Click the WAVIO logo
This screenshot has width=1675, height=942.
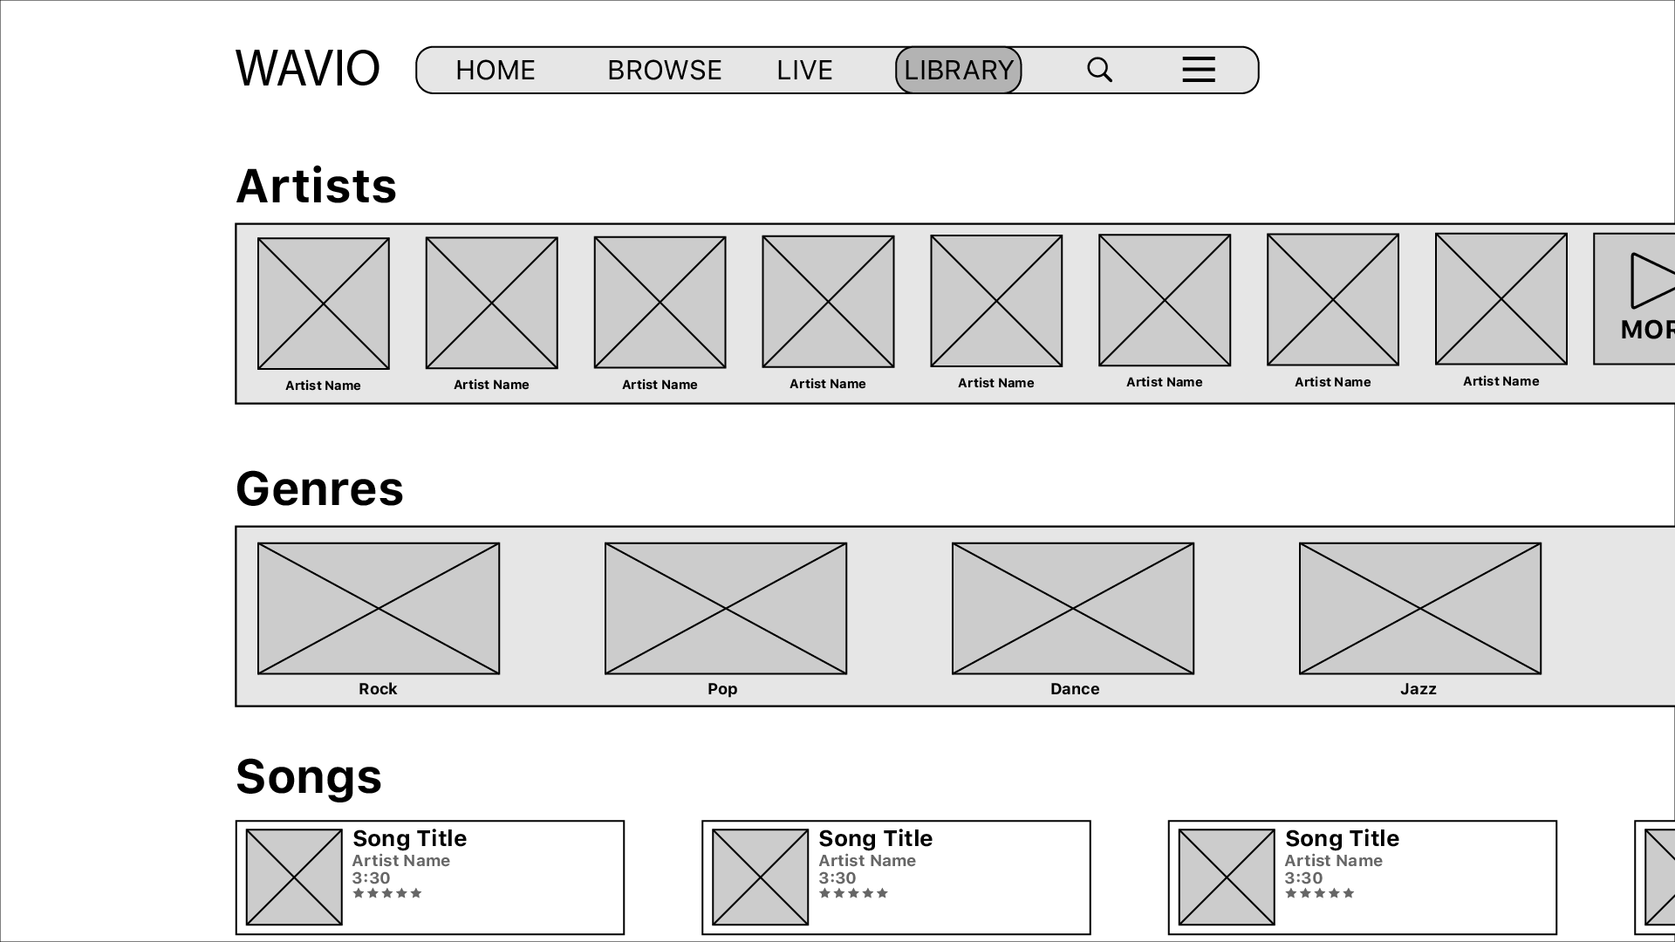click(x=308, y=69)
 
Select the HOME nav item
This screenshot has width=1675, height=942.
click(x=496, y=70)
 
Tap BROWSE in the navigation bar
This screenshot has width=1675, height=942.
click(x=665, y=70)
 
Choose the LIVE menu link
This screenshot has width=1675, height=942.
click(x=804, y=70)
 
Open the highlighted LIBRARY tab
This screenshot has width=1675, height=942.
click(x=959, y=70)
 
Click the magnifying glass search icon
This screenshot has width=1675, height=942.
click(x=1100, y=70)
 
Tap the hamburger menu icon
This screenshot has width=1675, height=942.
click(x=1199, y=69)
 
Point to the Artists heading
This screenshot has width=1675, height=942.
click(x=317, y=186)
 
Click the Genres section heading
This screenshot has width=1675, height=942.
click(x=320, y=488)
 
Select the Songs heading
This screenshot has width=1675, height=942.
click(x=309, y=776)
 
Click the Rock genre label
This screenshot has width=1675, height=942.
click(x=378, y=689)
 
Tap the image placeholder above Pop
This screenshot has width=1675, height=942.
click(x=726, y=609)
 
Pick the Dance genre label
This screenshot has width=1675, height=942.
click(x=1075, y=689)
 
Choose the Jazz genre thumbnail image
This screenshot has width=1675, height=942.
click(x=1420, y=609)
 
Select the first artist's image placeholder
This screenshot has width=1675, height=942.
click(x=324, y=304)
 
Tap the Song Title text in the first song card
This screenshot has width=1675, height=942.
click(x=409, y=839)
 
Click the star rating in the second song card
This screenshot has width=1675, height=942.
click(x=853, y=893)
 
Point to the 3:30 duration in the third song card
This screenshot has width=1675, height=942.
click(x=1303, y=878)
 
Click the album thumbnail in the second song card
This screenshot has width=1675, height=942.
click(x=761, y=877)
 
